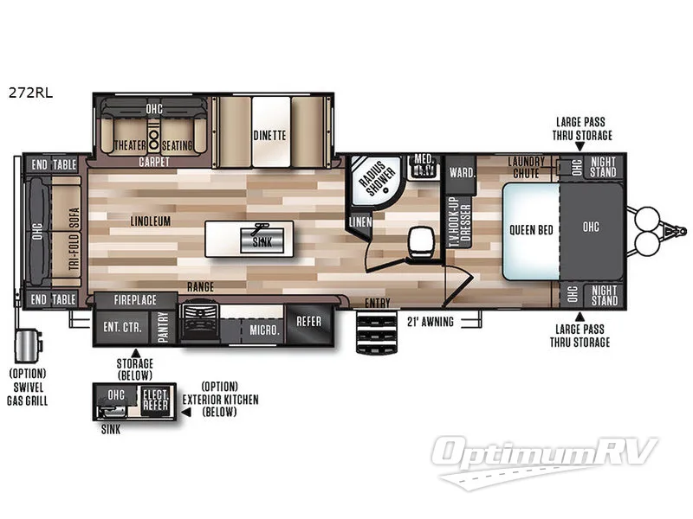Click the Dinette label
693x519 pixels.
coord(269,135)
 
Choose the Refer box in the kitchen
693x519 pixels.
coord(308,322)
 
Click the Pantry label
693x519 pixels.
coord(163,327)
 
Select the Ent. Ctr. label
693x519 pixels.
coord(122,326)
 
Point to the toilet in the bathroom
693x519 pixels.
coord(420,240)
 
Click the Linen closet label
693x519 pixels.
coord(359,222)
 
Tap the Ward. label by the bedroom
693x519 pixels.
coord(461,172)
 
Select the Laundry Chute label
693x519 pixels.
coord(526,167)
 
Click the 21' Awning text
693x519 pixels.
coord(431,322)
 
